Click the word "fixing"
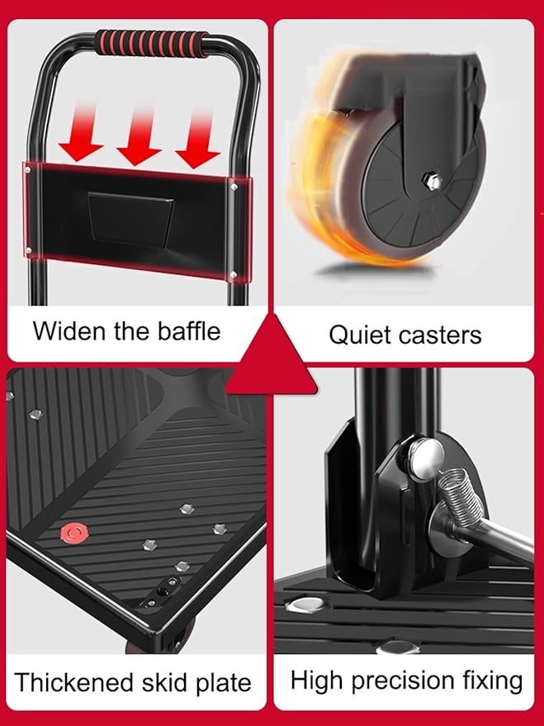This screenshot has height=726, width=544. pyautogui.click(x=493, y=681)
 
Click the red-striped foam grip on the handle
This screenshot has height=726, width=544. pyautogui.click(x=151, y=43)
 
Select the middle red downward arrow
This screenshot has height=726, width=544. pyautogui.click(x=139, y=135)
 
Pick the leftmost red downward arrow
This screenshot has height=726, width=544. pyautogui.click(x=82, y=133)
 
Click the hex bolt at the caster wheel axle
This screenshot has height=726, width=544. pyautogui.click(x=432, y=181)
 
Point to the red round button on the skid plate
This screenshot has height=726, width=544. pyautogui.click(x=73, y=533)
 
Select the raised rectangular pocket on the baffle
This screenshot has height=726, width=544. pyautogui.click(x=130, y=218)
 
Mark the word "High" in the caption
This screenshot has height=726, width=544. pyautogui.click(x=317, y=680)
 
